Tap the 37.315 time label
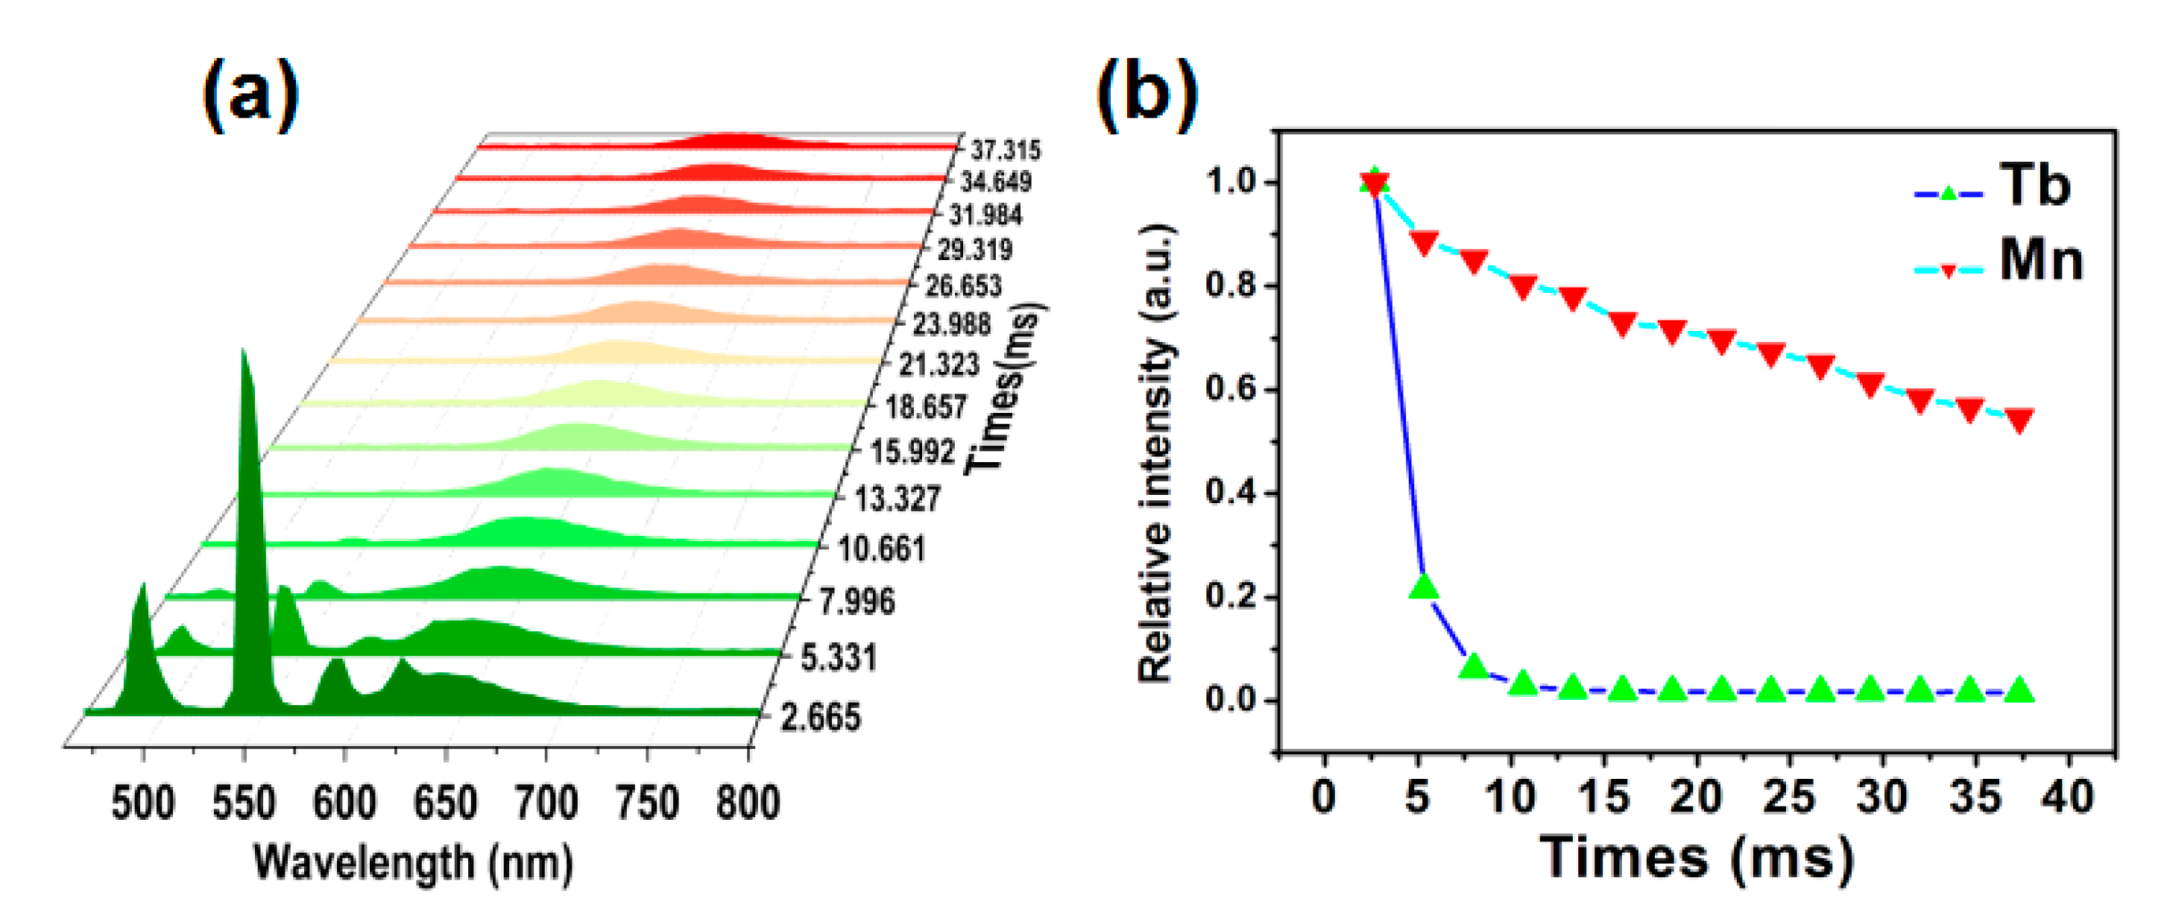(x=1006, y=151)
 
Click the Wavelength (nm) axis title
(x=413, y=862)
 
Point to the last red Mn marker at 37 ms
(x=2019, y=419)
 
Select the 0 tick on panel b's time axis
(x=1324, y=795)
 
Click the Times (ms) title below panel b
(x=1697, y=859)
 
